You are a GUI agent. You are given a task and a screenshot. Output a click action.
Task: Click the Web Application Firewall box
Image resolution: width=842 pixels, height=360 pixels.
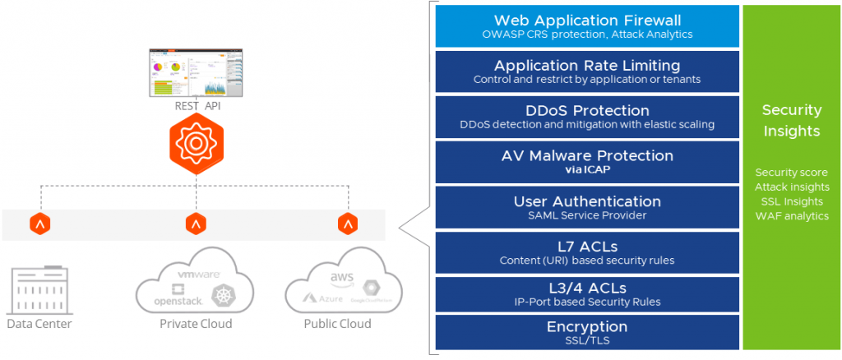click(x=587, y=25)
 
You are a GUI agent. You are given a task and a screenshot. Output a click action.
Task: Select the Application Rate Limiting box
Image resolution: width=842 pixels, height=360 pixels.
click(x=587, y=72)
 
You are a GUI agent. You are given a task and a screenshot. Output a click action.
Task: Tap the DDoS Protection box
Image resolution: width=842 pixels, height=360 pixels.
click(x=587, y=117)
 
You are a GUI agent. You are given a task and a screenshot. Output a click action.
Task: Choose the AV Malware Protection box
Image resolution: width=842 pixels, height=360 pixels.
click(x=587, y=161)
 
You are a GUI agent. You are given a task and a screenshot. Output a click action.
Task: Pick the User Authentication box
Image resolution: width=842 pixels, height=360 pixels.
click(x=587, y=207)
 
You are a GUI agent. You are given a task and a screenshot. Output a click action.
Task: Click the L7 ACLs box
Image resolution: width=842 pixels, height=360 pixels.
click(x=587, y=252)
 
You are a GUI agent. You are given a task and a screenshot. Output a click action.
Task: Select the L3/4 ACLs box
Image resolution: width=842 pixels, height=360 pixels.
click(x=587, y=293)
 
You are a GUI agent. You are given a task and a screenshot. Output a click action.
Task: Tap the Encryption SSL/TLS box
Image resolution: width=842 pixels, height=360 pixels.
click(x=587, y=332)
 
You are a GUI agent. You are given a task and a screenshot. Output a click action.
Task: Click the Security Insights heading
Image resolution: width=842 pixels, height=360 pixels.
click(x=792, y=121)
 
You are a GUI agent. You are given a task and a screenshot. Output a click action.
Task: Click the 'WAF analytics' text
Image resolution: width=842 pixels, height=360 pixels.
click(x=792, y=215)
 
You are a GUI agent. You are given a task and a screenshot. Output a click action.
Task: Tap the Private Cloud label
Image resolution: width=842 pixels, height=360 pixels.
click(x=196, y=324)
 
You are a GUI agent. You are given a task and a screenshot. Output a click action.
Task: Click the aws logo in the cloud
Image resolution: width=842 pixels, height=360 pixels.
click(x=341, y=279)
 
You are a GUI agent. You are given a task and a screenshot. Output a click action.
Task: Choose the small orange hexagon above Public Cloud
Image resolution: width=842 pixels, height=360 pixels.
click(x=347, y=224)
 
